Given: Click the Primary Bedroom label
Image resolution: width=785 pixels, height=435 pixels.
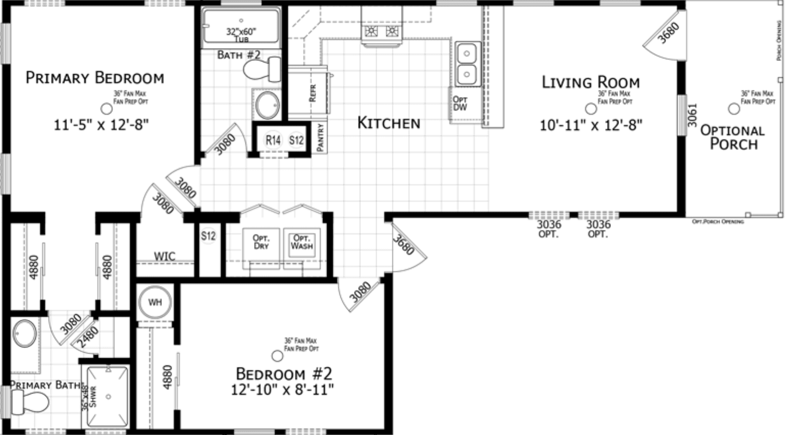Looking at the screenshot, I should [95, 78].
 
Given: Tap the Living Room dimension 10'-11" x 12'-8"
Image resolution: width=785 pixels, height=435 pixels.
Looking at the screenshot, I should [591, 125].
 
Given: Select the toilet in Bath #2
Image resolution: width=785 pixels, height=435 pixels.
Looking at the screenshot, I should [261, 70].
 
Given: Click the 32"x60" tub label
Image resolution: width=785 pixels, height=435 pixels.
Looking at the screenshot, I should [241, 35].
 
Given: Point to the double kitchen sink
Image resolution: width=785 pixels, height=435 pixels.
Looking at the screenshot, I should [467, 64].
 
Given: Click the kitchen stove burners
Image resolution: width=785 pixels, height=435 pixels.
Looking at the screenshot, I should [381, 32].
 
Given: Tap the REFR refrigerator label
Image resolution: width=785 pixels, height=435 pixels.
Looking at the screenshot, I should [313, 93].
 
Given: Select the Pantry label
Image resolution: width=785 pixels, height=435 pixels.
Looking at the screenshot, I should [320, 137].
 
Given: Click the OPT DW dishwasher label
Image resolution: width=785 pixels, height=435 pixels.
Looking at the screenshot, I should [460, 104].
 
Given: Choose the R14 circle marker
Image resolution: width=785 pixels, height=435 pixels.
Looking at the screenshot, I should [273, 140].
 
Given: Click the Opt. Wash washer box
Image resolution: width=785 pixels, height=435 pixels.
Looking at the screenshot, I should [302, 243].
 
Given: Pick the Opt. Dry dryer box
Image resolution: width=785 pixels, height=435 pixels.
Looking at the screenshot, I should [261, 243].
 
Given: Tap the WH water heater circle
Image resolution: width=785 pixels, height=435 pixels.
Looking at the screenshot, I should [155, 302].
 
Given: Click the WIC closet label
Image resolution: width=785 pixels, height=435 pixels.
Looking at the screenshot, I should [165, 256].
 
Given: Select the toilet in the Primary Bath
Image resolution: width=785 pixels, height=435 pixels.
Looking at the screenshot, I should [28, 403].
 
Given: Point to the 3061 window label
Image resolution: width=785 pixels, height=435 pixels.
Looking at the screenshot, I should [692, 115].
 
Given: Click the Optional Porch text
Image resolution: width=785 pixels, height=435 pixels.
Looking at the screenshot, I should [733, 137].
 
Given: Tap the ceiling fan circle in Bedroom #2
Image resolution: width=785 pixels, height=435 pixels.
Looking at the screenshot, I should [278, 356].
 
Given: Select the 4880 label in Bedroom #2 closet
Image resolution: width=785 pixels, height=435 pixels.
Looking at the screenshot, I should [167, 377].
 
